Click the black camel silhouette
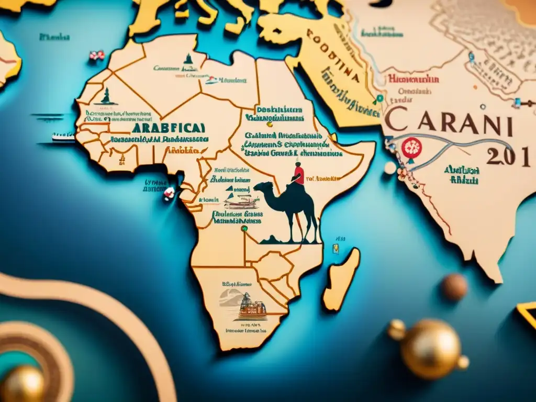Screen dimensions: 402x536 [293, 207]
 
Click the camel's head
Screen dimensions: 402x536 [260, 187]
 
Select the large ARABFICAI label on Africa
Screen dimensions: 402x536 [168, 128]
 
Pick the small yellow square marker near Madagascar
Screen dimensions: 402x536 [336, 249]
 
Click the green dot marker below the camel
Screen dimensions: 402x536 [243, 228]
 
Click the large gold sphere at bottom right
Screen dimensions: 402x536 [429, 348]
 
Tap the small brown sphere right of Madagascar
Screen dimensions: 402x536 [454, 287]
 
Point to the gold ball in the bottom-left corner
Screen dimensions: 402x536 [22, 384]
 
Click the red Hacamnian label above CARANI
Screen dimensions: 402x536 [413, 80]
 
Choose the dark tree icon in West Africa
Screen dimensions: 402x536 [107, 96]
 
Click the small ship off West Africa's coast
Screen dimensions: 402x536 [63, 137]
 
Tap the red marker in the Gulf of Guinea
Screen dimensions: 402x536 [169, 193]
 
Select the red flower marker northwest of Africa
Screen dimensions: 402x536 [96, 55]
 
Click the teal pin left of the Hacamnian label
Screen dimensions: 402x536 [379, 98]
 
